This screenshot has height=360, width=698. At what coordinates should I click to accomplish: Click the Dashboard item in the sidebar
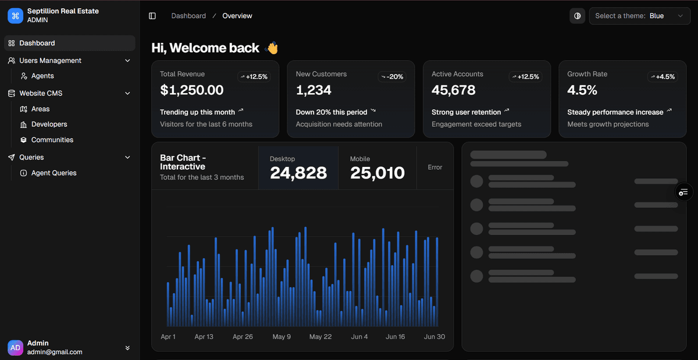click(37, 43)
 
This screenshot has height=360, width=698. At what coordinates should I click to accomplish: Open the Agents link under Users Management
click(42, 76)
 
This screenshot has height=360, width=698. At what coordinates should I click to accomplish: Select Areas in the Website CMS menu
click(40, 109)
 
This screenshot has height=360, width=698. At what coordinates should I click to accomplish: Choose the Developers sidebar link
click(49, 124)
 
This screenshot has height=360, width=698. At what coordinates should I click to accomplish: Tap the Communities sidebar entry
click(52, 140)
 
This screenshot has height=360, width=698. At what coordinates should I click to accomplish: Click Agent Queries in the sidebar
click(54, 173)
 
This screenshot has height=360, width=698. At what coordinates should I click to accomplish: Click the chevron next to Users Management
click(128, 60)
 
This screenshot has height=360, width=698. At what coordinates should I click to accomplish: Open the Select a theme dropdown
click(640, 16)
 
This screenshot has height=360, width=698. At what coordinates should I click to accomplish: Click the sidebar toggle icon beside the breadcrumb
click(152, 16)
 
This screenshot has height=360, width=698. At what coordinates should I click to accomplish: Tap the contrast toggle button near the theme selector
click(577, 16)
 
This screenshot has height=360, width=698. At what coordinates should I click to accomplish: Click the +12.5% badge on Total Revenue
click(254, 77)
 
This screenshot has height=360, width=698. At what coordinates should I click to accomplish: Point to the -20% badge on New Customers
click(391, 77)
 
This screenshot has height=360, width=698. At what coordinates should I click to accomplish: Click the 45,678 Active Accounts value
click(453, 90)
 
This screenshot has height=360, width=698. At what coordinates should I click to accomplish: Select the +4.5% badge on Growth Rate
click(663, 77)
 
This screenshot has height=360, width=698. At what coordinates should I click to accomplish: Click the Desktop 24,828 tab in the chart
click(298, 167)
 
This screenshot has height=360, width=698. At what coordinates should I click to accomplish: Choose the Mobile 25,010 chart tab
click(378, 167)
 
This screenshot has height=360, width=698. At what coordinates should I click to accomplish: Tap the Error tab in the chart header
click(435, 167)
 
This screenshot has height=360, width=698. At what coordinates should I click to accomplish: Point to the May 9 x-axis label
click(282, 337)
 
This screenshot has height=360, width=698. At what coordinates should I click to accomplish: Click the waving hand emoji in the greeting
click(272, 48)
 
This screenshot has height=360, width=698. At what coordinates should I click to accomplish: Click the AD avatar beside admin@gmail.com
click(16, 347)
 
